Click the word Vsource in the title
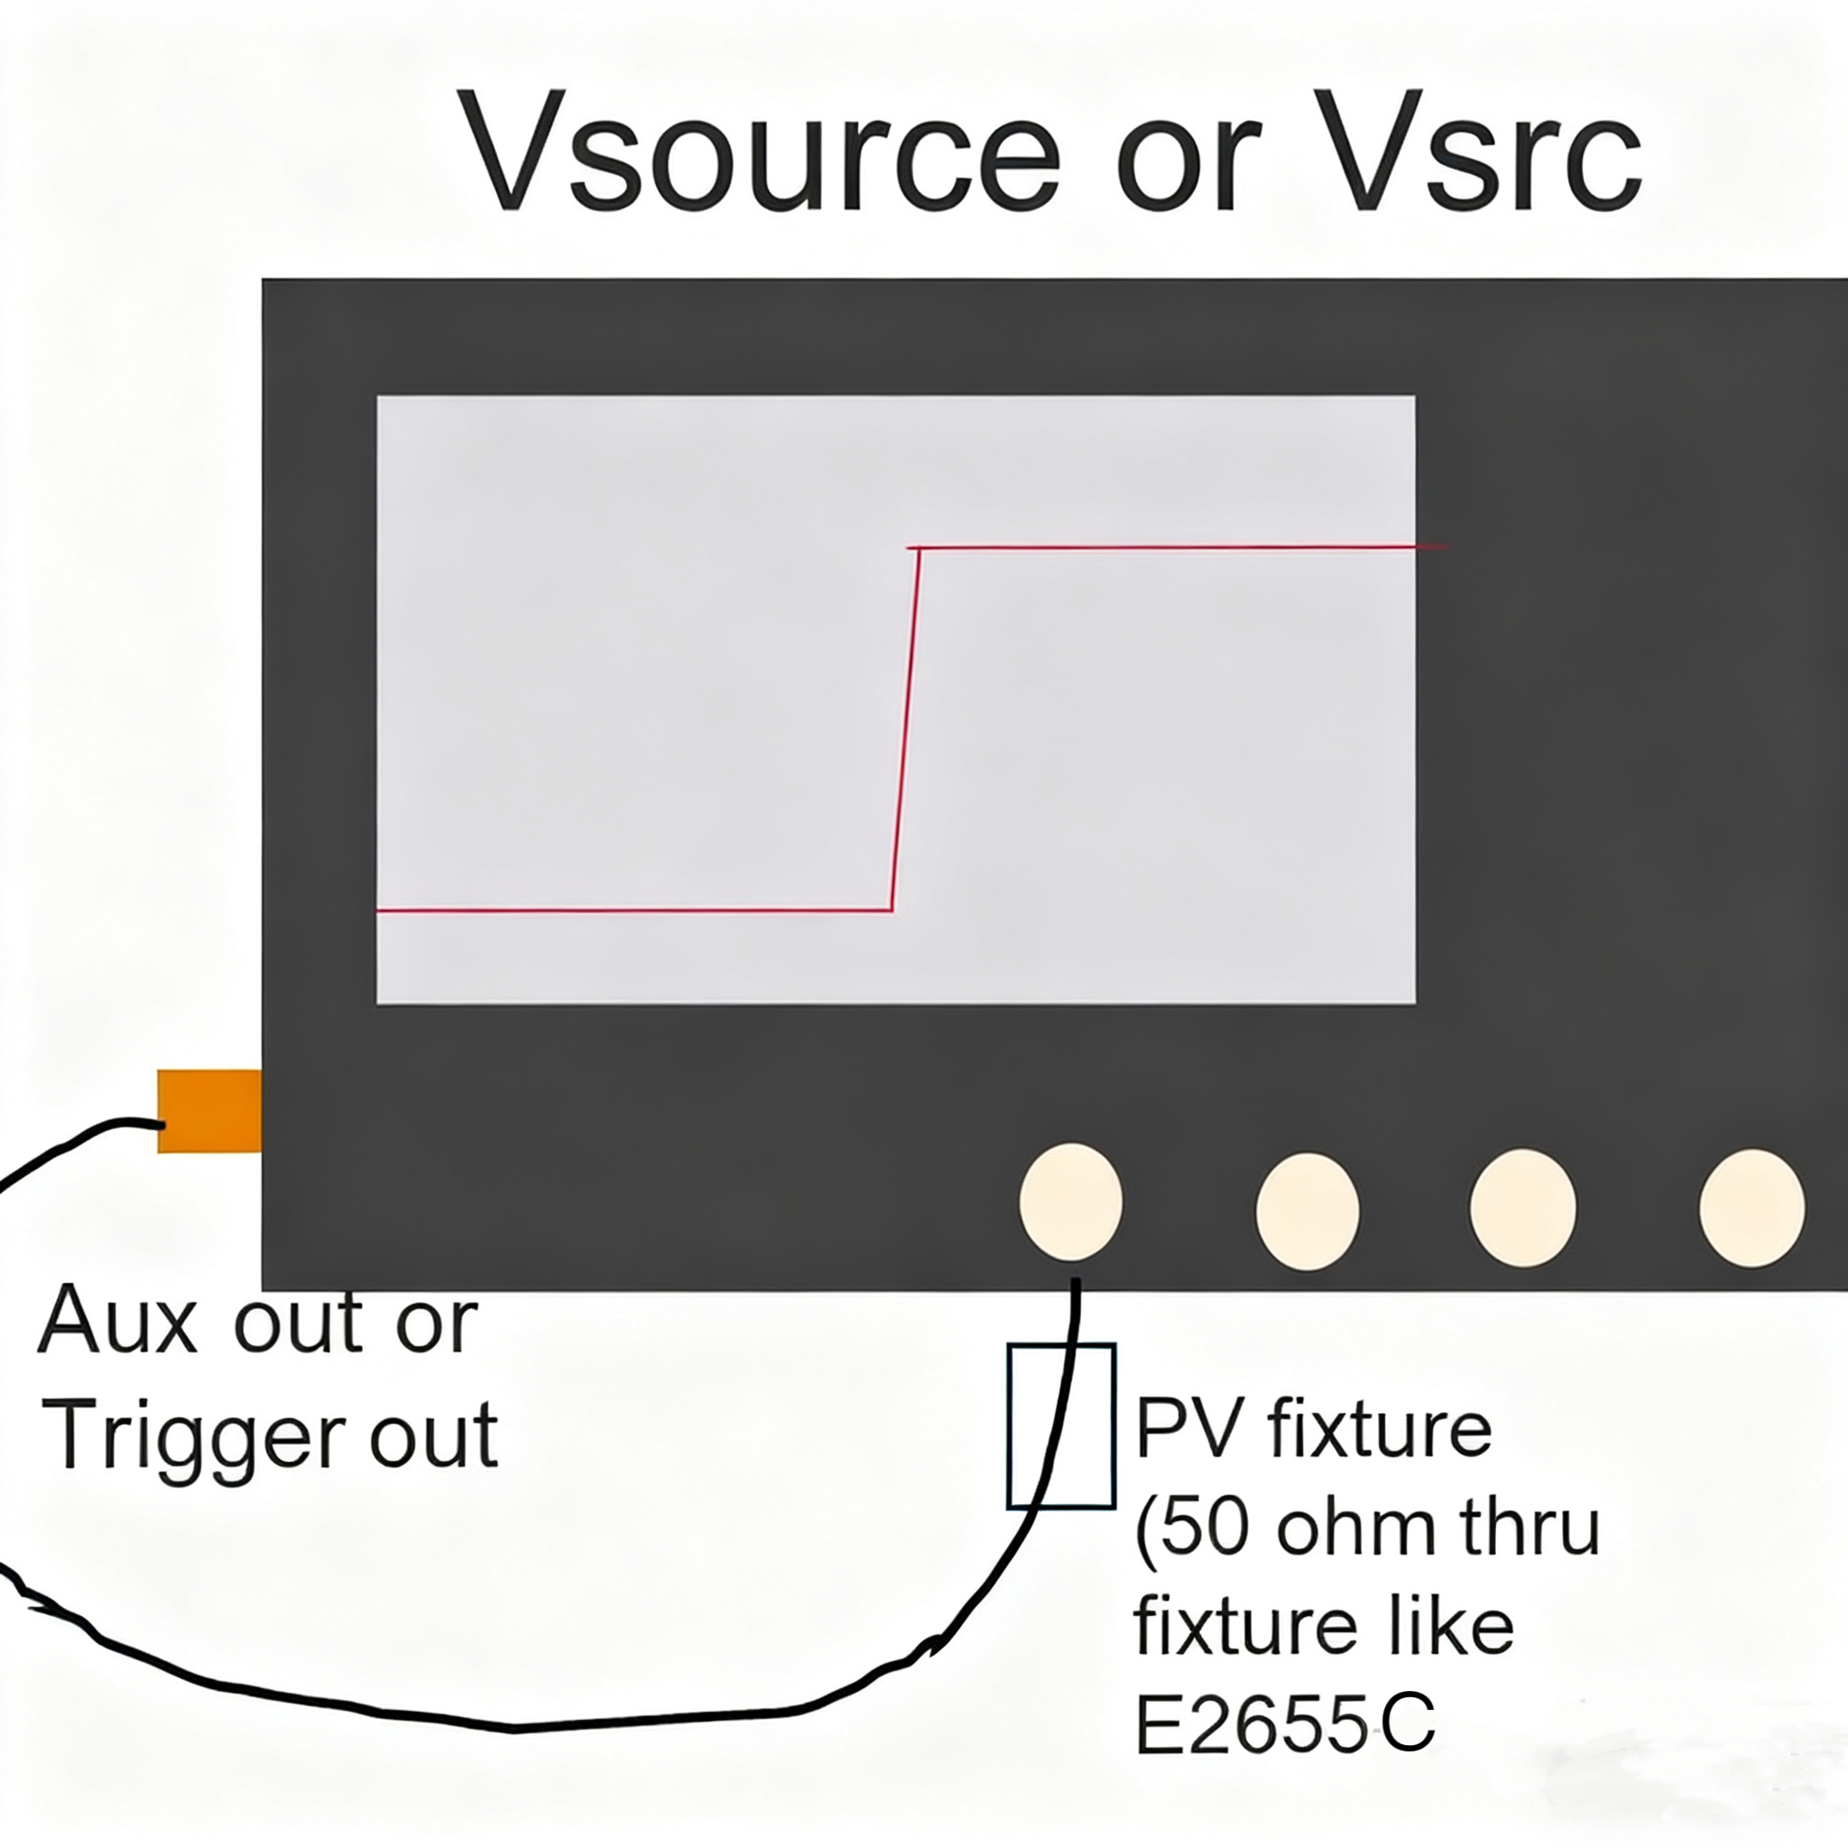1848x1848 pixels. (761, 153)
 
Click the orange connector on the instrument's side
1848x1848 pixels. (208, 1111)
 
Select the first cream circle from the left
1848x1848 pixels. (1070, 1201)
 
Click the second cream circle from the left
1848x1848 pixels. (1307, 1211)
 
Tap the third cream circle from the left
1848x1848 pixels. (1523, 1208)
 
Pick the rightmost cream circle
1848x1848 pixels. (1751, 1208)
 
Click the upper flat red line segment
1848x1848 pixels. (1177, 548)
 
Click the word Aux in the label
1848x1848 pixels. (116, 1322)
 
